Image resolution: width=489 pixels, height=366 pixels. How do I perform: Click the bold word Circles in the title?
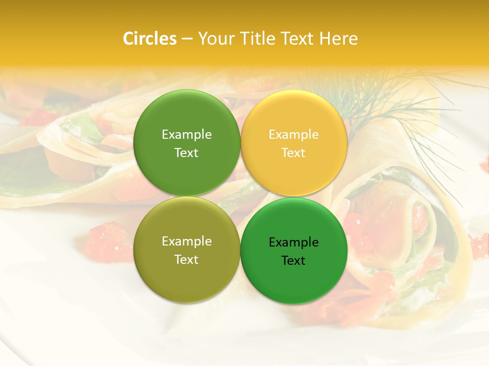pyautogui.click(x=149, y=39)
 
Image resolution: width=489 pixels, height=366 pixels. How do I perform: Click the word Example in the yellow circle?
pyautogui.click(x=294, y=134)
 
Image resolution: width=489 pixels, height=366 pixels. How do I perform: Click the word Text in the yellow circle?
pyautogui.click(x=294, y=152)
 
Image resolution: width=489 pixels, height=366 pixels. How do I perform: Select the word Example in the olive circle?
pyautogui.click(x=186, y=241)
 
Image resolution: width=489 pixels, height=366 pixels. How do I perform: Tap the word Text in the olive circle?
pyautogui.click(x=186, y=259)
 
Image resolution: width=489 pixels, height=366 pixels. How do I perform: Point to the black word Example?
pyautogui.click(x=294, y=242)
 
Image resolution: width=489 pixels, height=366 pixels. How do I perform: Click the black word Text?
pyautogui.click(x=294, y=260)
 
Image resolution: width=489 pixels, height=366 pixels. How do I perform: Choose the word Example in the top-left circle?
pyautogui.click(x=186, y=134)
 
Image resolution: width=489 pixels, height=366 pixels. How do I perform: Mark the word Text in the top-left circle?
pyautogui.click(x=186, y=152)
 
